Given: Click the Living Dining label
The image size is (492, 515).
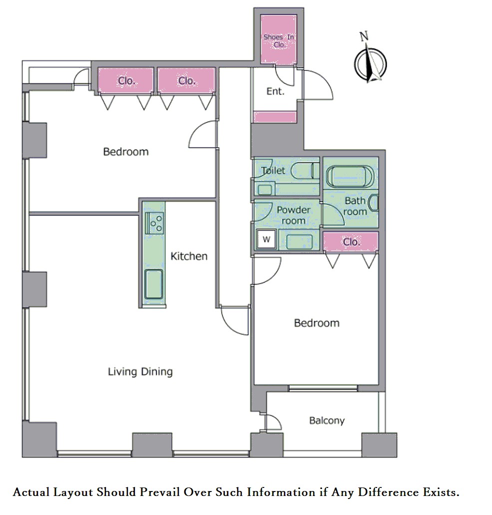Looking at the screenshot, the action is pos(140,372).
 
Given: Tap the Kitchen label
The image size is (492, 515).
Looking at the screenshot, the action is pos(189,256).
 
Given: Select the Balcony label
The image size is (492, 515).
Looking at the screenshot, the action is pos(327,420).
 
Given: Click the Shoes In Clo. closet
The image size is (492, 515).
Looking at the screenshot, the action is pos(279,39).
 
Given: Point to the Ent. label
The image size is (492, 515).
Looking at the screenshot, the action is pos(275,91).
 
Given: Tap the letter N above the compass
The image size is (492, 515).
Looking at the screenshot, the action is pos(363,36).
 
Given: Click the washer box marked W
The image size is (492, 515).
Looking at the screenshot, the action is pos(266,239).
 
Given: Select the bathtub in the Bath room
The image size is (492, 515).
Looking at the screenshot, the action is pos(350,176).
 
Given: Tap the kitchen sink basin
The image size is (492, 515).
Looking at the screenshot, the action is pos(154,284).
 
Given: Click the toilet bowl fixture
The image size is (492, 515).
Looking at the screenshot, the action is pos(305,171).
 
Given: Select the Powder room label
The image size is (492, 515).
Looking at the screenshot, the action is pos(293,215).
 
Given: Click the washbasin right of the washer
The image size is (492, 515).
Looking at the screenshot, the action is pos(299,242).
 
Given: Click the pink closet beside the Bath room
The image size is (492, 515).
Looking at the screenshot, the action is pos(351,242).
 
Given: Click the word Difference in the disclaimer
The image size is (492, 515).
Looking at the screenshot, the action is pos(388,492).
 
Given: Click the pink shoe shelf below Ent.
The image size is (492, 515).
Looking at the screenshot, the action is pos(275,117).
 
